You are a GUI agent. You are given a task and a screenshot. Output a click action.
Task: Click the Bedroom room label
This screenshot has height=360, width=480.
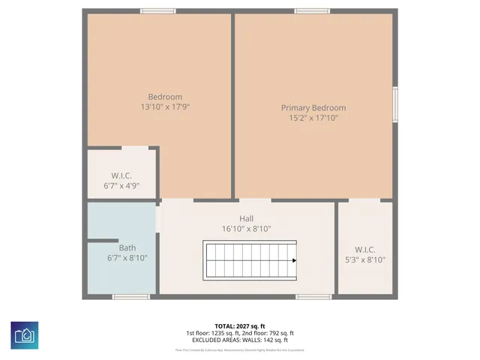165,97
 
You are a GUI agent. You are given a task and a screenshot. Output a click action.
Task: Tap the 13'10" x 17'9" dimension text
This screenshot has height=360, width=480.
165,107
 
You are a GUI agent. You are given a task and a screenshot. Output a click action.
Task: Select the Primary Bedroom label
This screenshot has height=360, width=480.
313,107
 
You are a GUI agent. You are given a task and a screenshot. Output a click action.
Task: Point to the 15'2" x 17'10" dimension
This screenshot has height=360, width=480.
313,118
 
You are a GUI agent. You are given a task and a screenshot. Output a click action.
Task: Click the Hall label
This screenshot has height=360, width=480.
246,219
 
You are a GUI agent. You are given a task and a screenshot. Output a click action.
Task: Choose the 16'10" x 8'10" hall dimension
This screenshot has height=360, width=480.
246,229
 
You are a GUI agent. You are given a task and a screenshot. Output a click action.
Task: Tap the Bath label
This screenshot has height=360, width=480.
127,247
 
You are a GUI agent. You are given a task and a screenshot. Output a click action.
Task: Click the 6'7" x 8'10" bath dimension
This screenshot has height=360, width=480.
127,258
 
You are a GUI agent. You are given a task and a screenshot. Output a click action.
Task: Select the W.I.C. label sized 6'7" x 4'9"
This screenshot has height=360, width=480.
121,175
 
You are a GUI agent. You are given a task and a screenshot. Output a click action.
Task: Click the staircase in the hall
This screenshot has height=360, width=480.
250,259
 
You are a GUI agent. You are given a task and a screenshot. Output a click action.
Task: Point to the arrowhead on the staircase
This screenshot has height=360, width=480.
294,260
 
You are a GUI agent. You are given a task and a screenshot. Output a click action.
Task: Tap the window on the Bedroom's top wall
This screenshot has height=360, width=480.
158,10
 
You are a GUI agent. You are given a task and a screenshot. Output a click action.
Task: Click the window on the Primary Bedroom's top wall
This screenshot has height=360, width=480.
311,10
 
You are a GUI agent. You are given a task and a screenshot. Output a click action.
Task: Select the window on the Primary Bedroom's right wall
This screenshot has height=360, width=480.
395,103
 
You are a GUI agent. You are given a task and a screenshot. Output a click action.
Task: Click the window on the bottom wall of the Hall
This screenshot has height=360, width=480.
313,297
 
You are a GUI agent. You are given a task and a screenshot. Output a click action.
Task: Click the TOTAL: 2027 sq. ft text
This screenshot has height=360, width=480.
240,326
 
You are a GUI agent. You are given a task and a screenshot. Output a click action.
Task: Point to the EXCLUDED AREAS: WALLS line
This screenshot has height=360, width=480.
240,339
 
